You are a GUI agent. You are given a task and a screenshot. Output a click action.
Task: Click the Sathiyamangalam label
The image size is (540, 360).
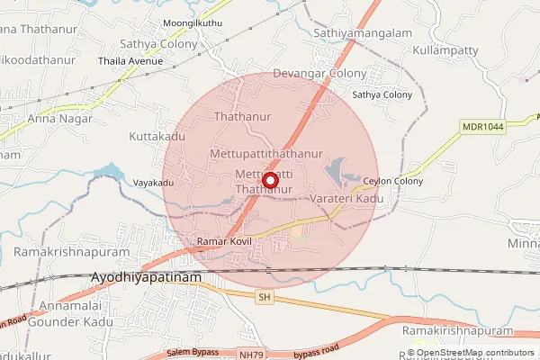pos(361,32)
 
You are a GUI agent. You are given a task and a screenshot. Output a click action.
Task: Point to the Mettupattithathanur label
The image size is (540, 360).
pos(265,154)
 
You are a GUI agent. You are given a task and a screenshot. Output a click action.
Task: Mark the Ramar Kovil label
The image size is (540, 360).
pos(220,243)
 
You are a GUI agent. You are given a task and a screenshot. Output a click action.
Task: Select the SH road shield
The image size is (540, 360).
pos(264,296)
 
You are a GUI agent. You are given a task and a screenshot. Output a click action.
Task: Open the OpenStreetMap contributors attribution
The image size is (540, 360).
pos(474,353)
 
